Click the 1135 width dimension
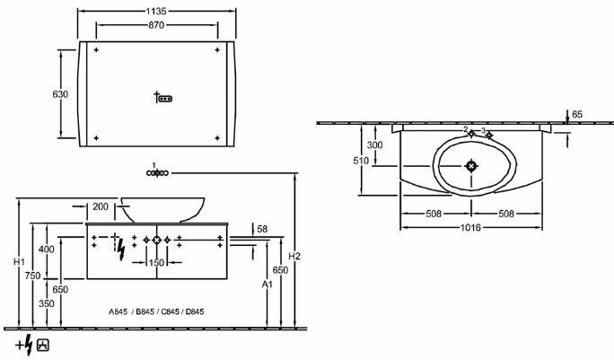click(x=156, y=11)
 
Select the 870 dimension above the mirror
click(x=156, y=25)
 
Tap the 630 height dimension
click(x=60, y=94)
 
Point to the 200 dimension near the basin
click(x=101, y=206)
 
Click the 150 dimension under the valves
click(x=156, y=262)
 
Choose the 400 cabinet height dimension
click(x=47, y=250)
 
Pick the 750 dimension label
click(x=32, y=276)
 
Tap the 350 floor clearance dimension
click(x=47, y=303)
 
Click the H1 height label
click(x=19, y=261)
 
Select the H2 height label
click(x=294, y=256)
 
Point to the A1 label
click(x=268, y=285)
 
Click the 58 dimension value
click(x=262, y=229)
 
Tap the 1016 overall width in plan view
click(x=470, y=227)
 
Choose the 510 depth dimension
click(x=361, y=161)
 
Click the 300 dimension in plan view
click(x=374, y=145)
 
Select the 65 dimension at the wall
click(x=577, y=114)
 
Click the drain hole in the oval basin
click(x=471, y=166)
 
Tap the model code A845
click(x=118, y=312)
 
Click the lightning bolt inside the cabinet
click(x=121, y=250)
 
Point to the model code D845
click(x=195, y=312)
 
